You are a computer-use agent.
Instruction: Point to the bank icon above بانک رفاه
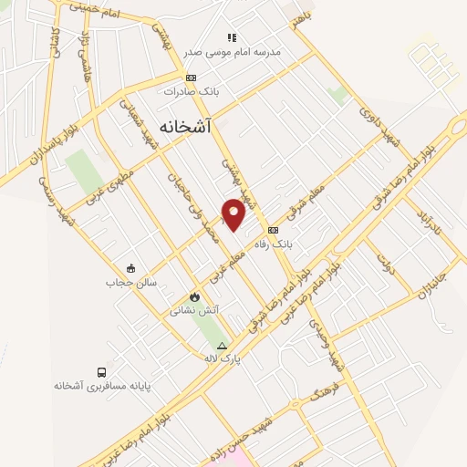[x=273, y=229]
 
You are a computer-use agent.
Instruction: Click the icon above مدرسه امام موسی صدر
[x=232, y=37]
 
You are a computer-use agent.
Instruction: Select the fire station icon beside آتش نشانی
[x=193, y=297]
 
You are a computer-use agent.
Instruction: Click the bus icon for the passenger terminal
[x=100, y=372]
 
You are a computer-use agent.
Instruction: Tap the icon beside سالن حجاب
[x=131, y=269]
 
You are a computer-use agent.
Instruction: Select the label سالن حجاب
[x=131, y=283]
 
